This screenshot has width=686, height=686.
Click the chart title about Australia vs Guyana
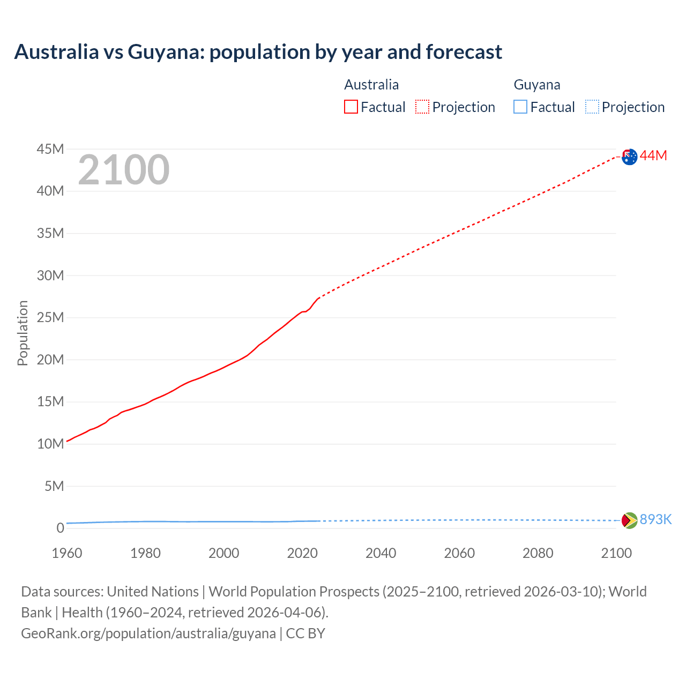click(x=258, y=52)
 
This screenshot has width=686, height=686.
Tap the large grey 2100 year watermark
click(x=124, y=170)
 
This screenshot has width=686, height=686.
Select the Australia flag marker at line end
click(x=630, y=156)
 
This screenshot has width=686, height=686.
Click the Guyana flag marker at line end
click(x=629, y=520)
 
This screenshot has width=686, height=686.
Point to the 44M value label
click(x=653, y=155)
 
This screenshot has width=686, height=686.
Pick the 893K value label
click(x=655, y=519)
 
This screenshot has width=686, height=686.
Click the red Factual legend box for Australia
click(x=351, y=107)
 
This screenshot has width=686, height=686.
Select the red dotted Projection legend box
click(x=422, y=107)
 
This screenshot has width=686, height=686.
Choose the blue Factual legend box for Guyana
click(x=520, y=107)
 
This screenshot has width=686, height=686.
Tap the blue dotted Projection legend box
click(x=592, y=107)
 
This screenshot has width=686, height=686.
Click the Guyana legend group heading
click(x=536, y=85)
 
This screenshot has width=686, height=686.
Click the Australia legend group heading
click(x=371, y=85)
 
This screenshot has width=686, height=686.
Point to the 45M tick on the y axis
click(x=50, y=149)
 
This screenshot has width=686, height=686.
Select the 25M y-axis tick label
click(x=50, y=317)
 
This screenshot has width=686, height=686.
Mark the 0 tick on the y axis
click(x=60, y=528)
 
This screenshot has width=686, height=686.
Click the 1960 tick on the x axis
click(x=67, y=553)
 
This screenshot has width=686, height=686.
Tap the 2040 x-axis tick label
click(x=381, y=553)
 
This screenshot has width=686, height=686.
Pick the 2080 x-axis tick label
click(x=538, y=553)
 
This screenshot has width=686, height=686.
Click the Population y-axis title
click(x=23, y=333)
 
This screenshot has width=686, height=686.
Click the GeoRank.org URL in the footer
click(x=148, y=633)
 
